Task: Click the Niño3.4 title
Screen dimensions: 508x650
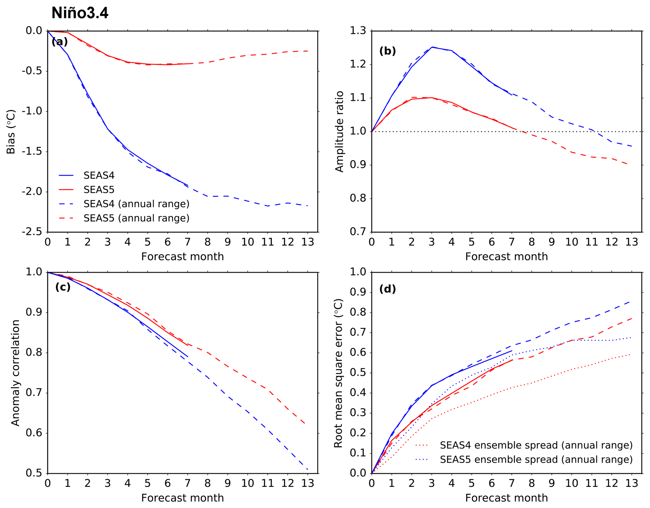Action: click(80, 13)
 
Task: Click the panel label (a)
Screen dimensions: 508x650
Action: click(59, 41)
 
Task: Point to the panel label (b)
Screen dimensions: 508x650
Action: click(387, 51)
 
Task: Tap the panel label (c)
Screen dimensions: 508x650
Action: click(63, 287)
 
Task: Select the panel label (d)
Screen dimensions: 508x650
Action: click(387, 289)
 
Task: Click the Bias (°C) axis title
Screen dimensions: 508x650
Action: click(11, 132)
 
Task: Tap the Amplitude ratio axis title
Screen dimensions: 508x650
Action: click(340, 132)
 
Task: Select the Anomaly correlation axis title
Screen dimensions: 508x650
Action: click(15, 373)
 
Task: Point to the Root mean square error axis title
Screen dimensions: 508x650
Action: click(338, 373)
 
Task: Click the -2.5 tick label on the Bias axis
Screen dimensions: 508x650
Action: click(32, 232)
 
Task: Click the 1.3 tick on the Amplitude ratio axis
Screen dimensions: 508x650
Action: click(358, 31)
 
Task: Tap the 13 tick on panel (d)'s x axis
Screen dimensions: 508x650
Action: click(631, 483)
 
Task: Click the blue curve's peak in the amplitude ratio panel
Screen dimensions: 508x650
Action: click(432, 47)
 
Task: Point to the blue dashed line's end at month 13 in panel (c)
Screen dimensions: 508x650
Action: click(307, 469)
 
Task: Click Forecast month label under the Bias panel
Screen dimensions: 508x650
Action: click(182, 257)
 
